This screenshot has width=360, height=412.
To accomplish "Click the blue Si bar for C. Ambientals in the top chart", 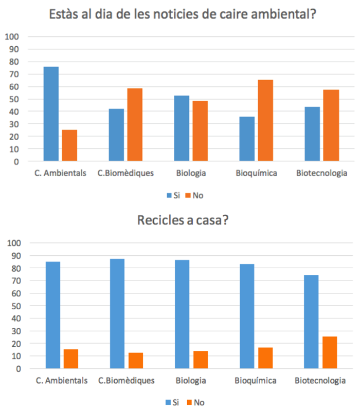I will (51, 114).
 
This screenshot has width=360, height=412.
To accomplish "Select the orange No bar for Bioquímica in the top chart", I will (265, 121).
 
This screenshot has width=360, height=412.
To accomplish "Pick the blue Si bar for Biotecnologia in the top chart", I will (312, 134).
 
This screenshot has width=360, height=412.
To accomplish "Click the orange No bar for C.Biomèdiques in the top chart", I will (135, 125).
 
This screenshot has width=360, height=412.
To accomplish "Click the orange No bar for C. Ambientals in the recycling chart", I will (71, 359).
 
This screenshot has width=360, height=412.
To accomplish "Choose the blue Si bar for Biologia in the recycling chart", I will (182, 314).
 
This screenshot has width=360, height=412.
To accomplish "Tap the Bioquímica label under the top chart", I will (256, 173).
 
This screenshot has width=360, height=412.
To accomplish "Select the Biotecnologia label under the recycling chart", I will (320, 381).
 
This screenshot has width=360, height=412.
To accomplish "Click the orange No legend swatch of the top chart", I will (188, 195).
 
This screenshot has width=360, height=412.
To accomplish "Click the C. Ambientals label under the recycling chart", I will (62, 381).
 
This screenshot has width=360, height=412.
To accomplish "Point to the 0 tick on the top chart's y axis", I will (16, 161).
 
